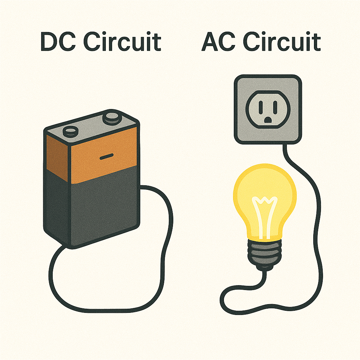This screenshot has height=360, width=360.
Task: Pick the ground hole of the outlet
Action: pos(268,120)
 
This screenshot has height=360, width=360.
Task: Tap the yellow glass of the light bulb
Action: pos(246,197)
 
